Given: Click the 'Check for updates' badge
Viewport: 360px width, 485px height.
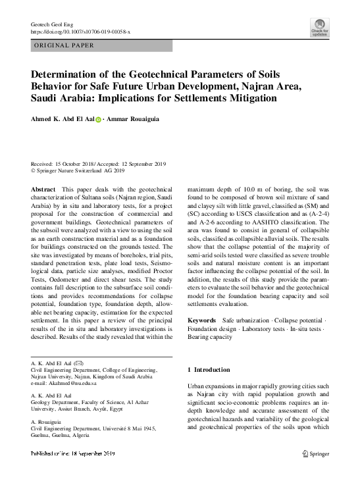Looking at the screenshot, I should tap(319, 27).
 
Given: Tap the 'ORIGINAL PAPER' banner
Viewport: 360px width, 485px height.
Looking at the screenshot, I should tap(64, 45).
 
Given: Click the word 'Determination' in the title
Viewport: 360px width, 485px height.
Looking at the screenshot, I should tap(68, 75).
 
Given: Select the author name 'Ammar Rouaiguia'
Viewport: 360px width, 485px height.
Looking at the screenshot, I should tap(140, 120).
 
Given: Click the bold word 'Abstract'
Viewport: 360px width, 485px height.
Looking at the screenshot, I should tap(43, 189).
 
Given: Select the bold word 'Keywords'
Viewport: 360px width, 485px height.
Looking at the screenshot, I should tap(201, 320).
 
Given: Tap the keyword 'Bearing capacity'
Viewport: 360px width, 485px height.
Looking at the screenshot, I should tap(210, 337).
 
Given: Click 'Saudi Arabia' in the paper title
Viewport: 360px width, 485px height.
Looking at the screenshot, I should tap(59, 99).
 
